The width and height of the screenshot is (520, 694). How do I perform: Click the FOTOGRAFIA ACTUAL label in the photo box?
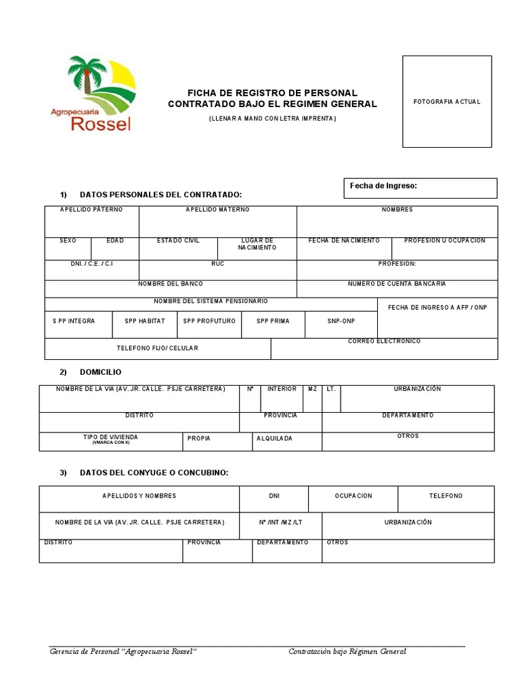(447, 102)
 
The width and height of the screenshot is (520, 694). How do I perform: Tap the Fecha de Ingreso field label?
(383, 186)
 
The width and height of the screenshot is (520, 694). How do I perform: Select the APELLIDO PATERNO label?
(91, 210)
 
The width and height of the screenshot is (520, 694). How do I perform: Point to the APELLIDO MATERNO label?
(217, 210)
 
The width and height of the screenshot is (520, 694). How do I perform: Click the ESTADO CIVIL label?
(178, 241)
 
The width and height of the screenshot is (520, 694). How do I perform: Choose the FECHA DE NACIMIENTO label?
(344, 241)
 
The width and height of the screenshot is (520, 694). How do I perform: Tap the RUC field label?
(217, 264)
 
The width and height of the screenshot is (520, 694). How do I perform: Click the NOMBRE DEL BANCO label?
(171, 284)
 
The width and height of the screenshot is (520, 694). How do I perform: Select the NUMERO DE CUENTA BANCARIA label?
(397, 284)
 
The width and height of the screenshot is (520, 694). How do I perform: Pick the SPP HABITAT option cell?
(145, 321)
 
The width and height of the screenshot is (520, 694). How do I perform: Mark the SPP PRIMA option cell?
(273, 321)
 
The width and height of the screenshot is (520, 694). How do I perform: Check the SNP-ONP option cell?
(341, 321)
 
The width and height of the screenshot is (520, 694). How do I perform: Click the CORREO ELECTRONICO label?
(384, 342)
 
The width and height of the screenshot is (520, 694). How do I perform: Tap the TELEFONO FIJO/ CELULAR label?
(158, 348)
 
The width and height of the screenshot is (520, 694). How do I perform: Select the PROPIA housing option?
(199, 438)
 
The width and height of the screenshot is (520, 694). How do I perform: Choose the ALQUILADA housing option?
(274, 438)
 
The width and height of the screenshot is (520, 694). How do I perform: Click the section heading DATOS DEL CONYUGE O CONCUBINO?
(154, 472)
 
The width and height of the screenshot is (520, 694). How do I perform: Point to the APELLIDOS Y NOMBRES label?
(139, 496)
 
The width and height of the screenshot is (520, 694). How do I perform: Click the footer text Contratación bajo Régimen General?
(347, 652)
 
